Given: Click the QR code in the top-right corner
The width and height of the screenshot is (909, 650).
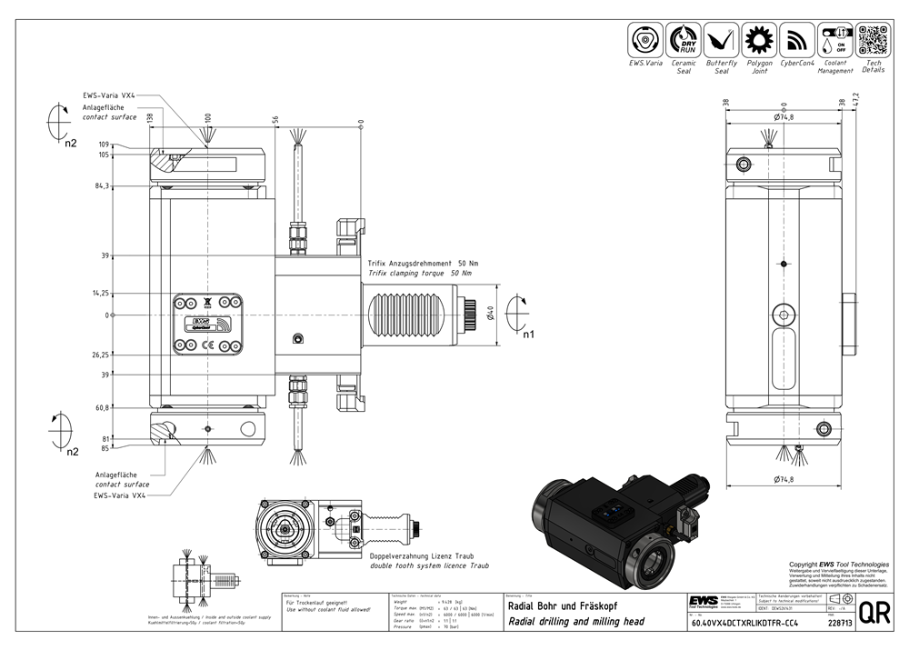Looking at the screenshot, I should tap(874, 40).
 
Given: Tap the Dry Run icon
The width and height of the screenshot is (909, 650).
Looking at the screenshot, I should tap(684, 40).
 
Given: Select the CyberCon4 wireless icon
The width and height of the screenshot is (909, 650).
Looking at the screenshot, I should tap(797, 40).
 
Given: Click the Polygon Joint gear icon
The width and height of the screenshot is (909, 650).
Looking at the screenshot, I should tap(759, 40).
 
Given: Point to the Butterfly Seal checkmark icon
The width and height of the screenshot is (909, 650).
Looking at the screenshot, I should tap(722, 40).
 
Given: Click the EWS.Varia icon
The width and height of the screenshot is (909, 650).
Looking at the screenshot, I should tap(645, 40).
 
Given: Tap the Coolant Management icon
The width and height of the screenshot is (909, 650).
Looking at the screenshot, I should tap(835, 40).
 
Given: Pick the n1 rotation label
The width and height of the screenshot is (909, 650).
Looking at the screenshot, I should tap(528, 334).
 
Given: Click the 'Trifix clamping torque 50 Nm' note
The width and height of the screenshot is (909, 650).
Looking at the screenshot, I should tap(422, 273).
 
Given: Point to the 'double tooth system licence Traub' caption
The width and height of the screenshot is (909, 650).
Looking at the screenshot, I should tap(428, 565).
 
